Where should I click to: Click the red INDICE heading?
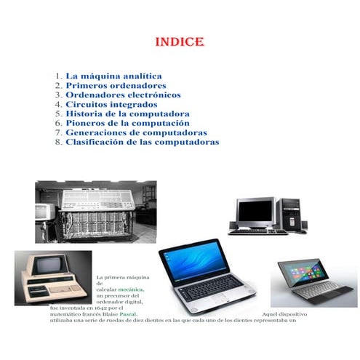tap(180, 41)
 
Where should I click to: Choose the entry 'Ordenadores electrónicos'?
tap(123, 95)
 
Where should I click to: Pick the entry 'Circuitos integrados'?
tap(111, 104)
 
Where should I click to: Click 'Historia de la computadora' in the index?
tap(127, 114)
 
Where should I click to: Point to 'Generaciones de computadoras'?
tap(136, 133)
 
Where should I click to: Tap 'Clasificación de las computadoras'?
tap(142, 143)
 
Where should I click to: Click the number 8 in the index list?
tap(57, 143)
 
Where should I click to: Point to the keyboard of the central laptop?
tap(211, 289)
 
